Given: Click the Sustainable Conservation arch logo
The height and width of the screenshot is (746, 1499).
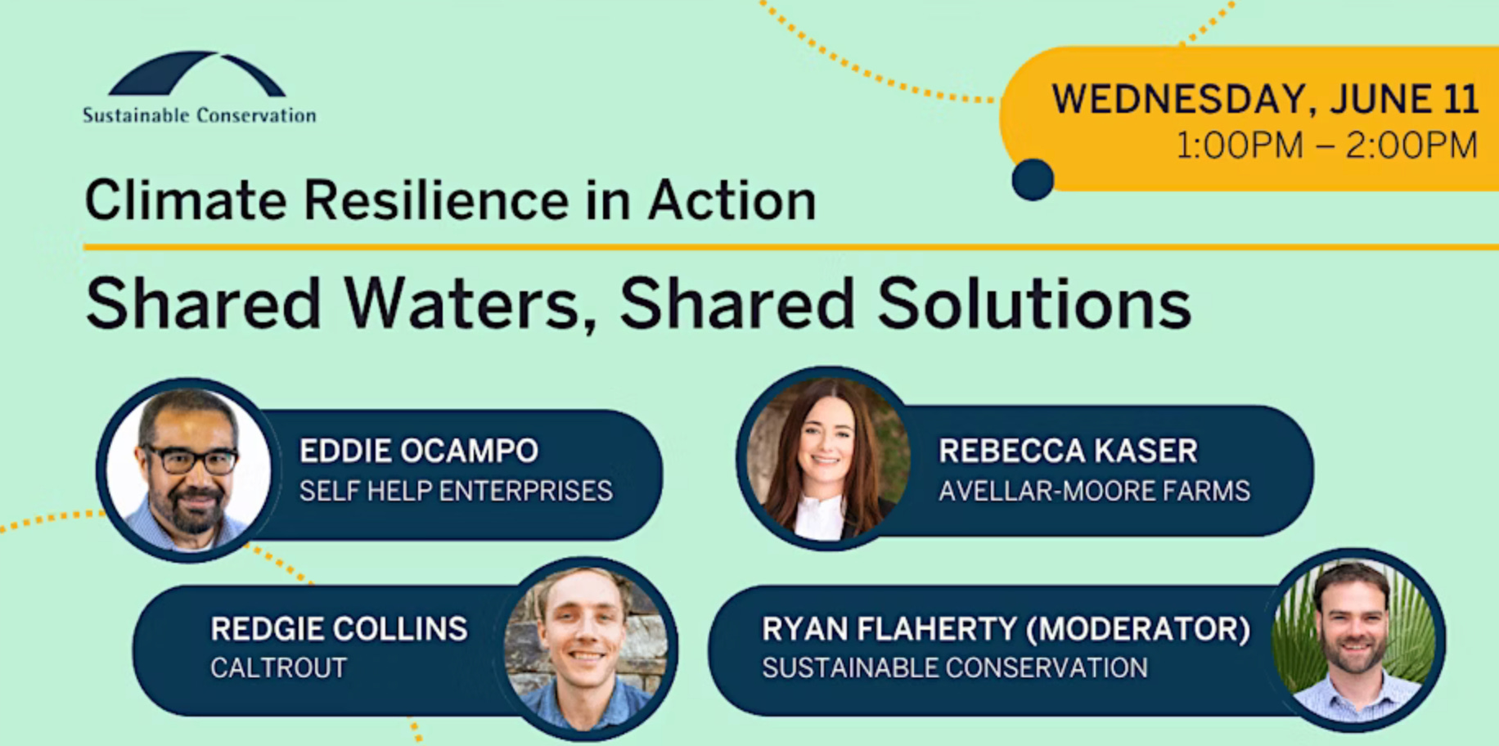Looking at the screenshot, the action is (196, 74).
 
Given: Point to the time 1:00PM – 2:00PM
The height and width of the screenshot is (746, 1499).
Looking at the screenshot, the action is (1326, 146).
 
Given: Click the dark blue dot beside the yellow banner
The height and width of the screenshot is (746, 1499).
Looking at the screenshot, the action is (1033, 179).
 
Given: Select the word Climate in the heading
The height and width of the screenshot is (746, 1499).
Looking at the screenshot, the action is (186, 200).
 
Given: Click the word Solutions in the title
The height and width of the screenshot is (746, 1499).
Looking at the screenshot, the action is (1034, 304).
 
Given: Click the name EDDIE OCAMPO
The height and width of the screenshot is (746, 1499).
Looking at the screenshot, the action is (419, 451).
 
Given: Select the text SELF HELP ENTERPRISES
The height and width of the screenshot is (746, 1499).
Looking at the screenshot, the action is (456, 491).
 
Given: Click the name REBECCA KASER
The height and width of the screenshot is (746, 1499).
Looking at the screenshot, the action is (1068, 451).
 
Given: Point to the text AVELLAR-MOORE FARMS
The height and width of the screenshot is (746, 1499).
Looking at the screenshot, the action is (1094, 491).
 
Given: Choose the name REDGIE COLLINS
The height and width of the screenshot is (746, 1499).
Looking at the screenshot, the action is (339, 629).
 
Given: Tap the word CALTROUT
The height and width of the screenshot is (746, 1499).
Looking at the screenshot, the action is (279, 668).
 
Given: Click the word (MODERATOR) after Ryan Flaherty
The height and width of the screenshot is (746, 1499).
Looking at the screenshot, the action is (1138, 629).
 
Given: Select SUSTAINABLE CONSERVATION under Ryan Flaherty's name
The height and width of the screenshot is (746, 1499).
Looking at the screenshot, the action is (955, 668).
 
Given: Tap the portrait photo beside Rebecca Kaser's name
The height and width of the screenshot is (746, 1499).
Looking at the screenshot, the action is (827, 459).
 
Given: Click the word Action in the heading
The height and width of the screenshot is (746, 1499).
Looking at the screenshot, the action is (731, 200).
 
